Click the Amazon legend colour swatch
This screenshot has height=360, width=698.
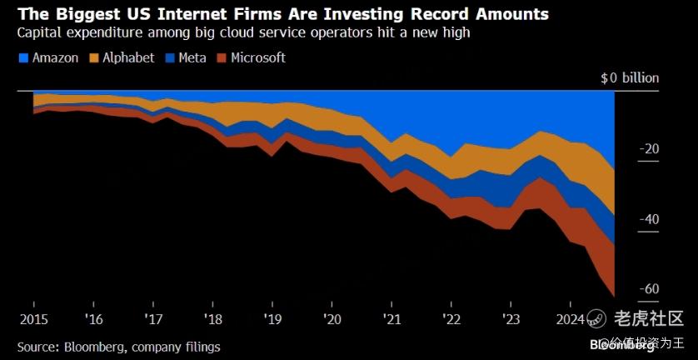click(x=22, y=58)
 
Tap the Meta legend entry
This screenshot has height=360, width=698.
click(x=193, y=58)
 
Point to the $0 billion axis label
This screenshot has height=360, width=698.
click(x=630, y=77)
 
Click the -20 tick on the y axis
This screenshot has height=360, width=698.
click(x=650, y=149)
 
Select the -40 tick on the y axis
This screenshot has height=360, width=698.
click(x=650, y=219)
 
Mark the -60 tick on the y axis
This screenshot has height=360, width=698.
click(x=650, y=289)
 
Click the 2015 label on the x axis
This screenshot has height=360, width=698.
click(x=33, y=319)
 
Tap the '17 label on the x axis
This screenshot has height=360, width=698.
click(x=152, y=319)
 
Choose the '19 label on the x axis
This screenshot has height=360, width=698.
click(x=272, y=319)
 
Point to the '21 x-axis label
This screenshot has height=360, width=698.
click(x=391, y=319)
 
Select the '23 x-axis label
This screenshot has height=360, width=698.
click(x=511, y=319)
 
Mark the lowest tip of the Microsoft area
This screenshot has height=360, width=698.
click(x=614, y=295)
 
